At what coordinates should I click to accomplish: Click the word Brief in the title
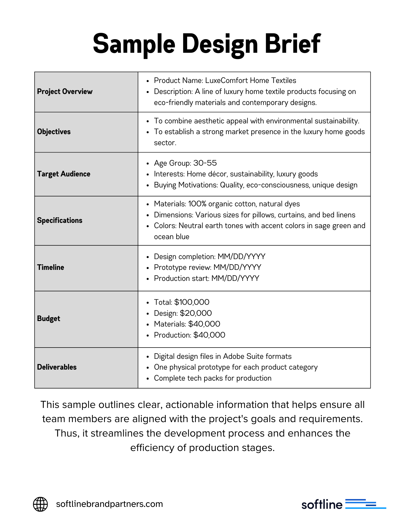point(293,44)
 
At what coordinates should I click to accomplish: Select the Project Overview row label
point(65,92)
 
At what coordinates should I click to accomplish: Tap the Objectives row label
point(54,132)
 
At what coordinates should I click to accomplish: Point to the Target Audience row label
point(64,174)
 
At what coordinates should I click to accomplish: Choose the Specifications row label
point(60,220)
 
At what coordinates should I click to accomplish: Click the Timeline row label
point(51,267)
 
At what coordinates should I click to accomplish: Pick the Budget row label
point(49,319)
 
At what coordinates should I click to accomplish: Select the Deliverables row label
point(57,367)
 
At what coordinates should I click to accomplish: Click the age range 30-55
point(205,163)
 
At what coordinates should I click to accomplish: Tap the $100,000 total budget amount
point(192,302)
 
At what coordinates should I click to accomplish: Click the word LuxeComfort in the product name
point(224,81)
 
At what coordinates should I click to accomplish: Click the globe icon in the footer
point(40,504)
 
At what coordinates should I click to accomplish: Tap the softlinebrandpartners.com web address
point(110,504)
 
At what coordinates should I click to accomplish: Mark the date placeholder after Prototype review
point(237,267)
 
